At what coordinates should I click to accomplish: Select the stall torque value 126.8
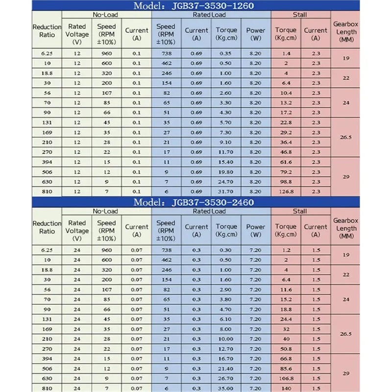click(x=286, y=192)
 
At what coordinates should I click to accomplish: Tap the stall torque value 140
click(x=286, y=388)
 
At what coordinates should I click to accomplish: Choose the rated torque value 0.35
click(x=226, y=53)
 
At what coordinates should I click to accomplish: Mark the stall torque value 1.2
click(x=286, y=249)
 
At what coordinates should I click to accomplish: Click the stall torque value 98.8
click(x=286, y=182)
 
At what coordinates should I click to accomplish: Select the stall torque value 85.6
click(x=286, y=368)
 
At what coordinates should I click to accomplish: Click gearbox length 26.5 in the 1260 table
click(x=346, y=138)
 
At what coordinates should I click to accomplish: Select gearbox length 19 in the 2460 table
click(x=346, y=255)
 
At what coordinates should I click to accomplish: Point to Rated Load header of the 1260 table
click(x=211, y=15)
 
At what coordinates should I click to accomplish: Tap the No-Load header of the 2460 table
click(x=105, y=211)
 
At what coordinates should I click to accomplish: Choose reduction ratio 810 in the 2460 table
click(x=47, y=388)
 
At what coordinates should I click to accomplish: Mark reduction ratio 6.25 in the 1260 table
click(x=47, y=53)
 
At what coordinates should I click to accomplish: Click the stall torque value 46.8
click(x=286, y=152)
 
